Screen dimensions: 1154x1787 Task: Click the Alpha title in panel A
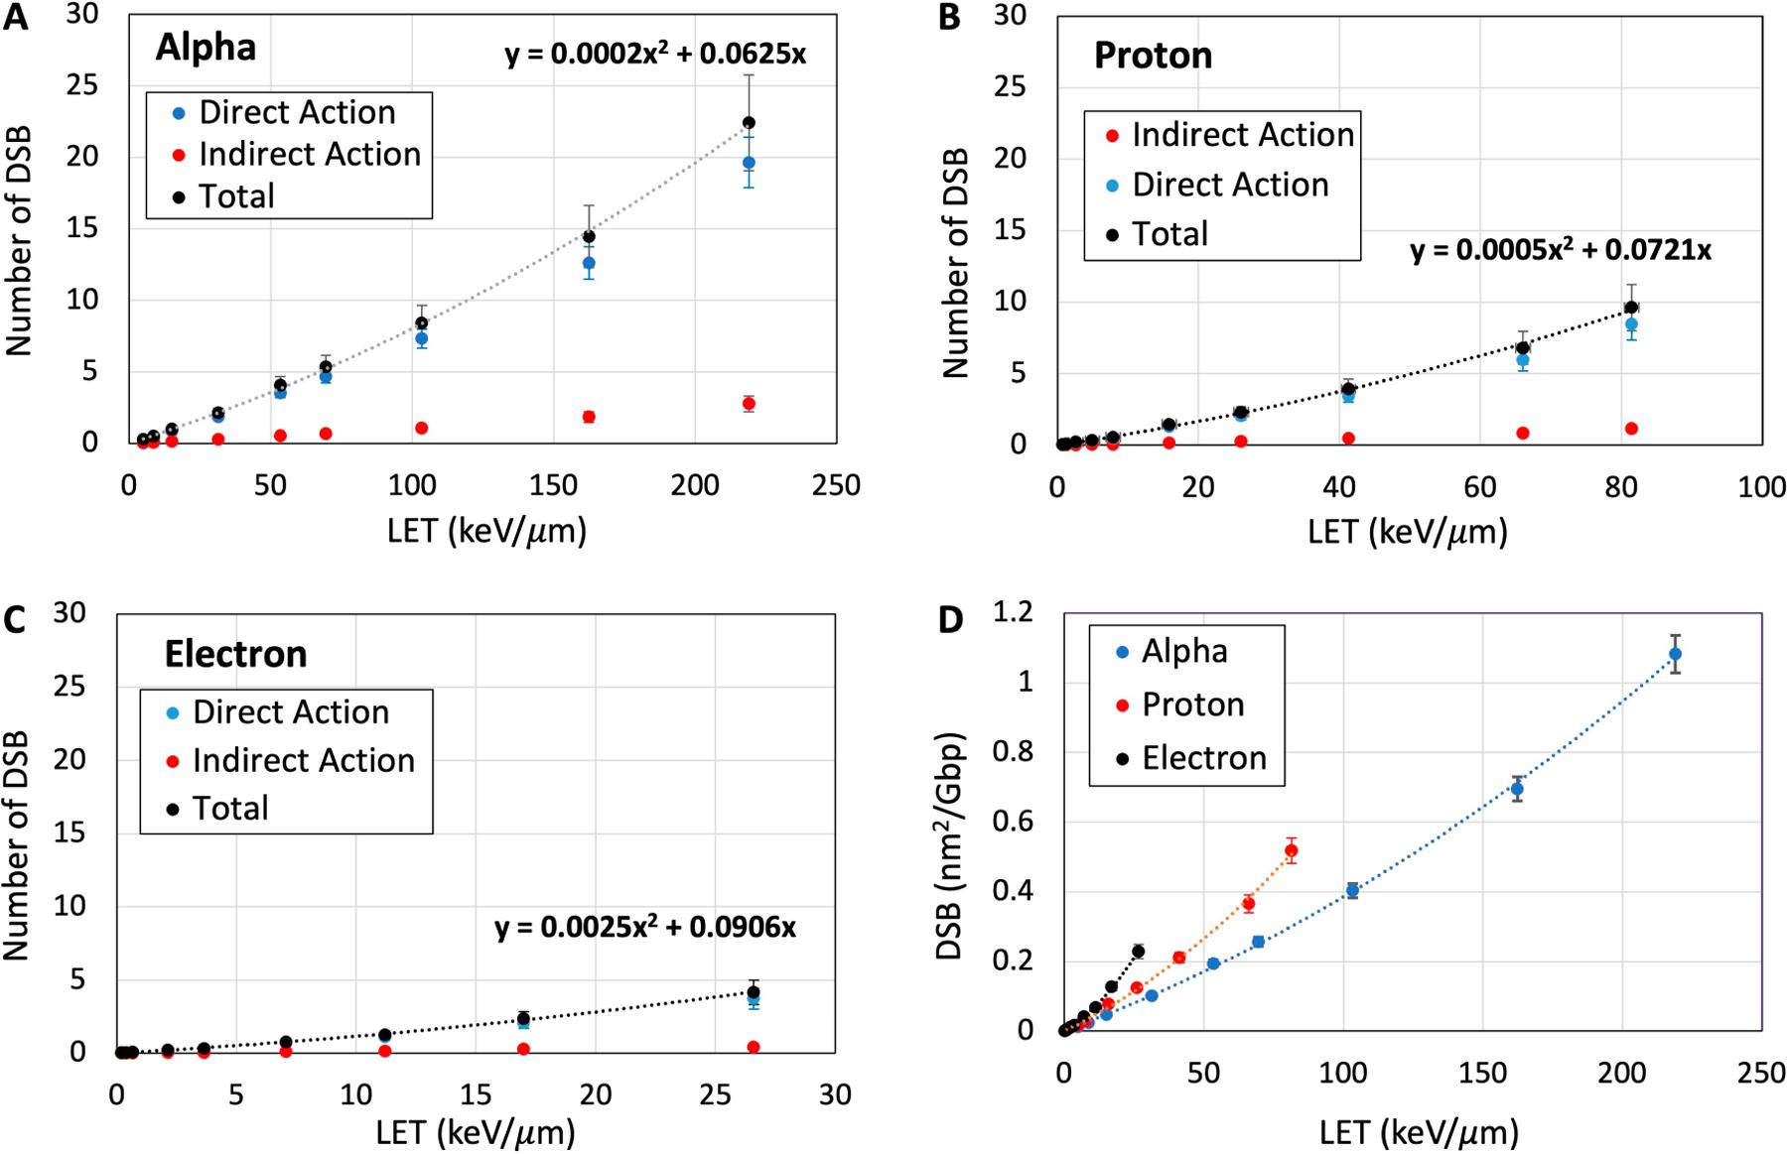tap(206, 47)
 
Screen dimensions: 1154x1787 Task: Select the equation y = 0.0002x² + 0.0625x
tap(655, 53)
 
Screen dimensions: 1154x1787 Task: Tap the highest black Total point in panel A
tap(749, 123)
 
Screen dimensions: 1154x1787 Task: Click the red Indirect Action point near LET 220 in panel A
tap(749, 404)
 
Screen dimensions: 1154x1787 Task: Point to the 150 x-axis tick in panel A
tap(553, 485)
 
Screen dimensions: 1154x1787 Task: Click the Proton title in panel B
tap(1153, 56)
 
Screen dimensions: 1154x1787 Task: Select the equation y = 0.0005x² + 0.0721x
tap(1560, 249)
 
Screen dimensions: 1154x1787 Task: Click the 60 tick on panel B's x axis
tap(1480, 487)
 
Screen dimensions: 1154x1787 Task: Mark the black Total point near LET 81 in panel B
tap(1630, 308)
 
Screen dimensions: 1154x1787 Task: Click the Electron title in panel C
tap(235, 654)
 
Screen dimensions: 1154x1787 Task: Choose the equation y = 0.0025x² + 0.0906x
tap(644, 928)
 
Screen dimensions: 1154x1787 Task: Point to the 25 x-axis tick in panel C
tap(715, 1094)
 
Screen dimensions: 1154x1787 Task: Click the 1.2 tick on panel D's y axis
tap(1013, 613)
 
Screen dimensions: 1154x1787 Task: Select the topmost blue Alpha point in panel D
tap(1675, 654)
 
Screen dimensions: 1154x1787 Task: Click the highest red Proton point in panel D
tap(1291, 850)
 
